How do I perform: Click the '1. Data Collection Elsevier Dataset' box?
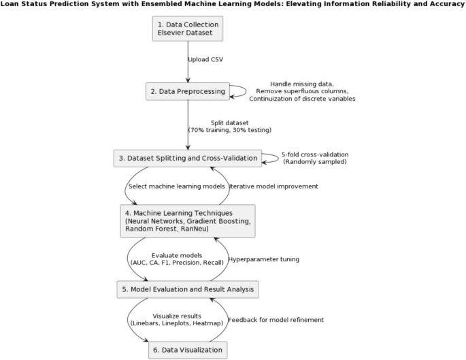pyautogui.click(x=188, y=29)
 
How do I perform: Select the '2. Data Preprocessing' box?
pyautogui.click(x=188, y=92)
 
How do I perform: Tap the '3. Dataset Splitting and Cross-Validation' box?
pyautogui.click(x=188, y=159)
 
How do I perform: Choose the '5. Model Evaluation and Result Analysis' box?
pyautogui.click(x=188, y=289)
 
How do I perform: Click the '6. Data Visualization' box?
pyautogui.click(x=188, y=350)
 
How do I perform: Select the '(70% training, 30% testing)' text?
pyautogui.click(x=230, y=130)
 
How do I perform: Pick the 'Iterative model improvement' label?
pyautogui.click(x=273, y=186)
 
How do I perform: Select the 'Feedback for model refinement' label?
pyautogui.click(x=276, y=320)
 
